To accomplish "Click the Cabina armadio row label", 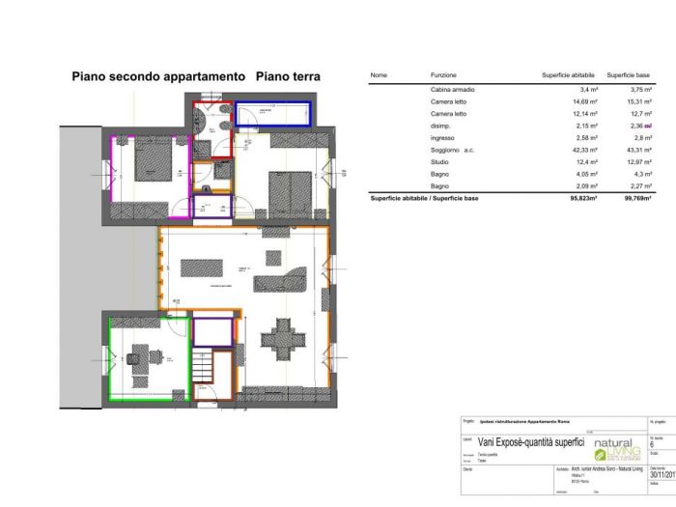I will pos(452,90).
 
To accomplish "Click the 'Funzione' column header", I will pos(443,74).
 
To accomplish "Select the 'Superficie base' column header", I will pos(628,74).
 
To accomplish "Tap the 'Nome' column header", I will pos(379,74).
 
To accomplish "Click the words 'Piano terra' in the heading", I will pos(288,76).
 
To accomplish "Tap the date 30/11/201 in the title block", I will pos(662,473).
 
